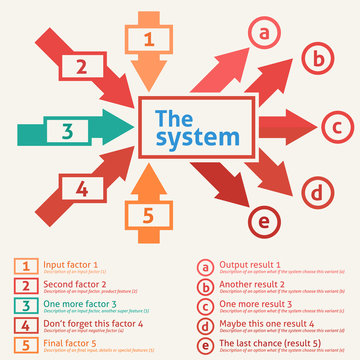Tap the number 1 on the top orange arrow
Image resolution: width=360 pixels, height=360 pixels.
(148, 40)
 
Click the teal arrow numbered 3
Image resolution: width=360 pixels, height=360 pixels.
(66, 130)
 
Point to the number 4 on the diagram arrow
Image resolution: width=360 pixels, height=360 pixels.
(81, 187)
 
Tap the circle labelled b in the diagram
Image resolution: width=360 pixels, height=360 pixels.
(316, 60)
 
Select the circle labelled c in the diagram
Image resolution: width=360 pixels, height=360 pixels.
(337, 127)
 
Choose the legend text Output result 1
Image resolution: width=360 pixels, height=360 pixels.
(250, 265)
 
